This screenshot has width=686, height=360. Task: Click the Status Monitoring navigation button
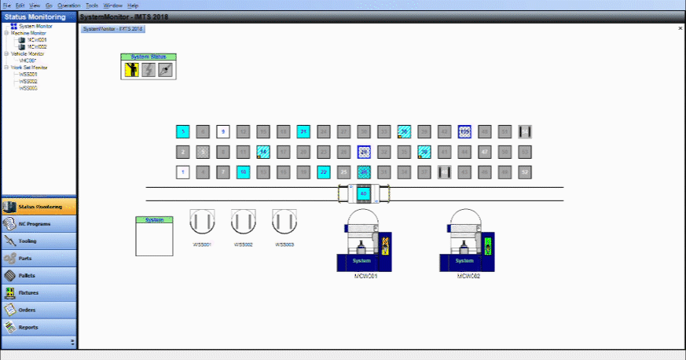[x=38, y=207]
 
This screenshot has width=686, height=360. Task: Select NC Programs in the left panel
[x=38, y=224]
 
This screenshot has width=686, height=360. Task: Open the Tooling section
[x=38, y=241]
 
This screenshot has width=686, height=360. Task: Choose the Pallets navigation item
[x=38, y=275]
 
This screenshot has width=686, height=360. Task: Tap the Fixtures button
[x=38, y=292]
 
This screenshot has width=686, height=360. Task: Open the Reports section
[x=38, y=327]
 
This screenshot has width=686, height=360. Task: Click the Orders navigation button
[x=38, y=310]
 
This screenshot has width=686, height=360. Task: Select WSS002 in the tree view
[x=28, y=81]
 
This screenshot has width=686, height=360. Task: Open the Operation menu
[x=69, y=5]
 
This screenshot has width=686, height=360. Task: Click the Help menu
[x=133, y=5]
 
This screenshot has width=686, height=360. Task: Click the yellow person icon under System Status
[x=130, y=70]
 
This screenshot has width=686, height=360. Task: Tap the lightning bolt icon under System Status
[x=148, y=70]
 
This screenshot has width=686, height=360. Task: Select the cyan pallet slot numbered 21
[x=303, y=131]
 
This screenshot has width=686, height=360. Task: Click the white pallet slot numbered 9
[x=222, y=131]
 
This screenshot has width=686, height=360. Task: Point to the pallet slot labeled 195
[x=464, y=131]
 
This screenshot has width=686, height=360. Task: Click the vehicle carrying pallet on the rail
[x=363, y=193]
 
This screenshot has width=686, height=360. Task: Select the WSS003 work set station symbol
[x=284, y=222]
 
